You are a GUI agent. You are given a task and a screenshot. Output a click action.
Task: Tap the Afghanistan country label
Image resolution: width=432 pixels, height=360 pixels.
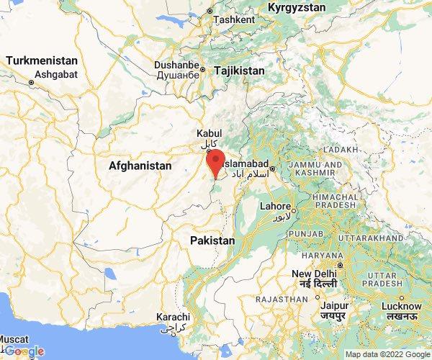point(140,166)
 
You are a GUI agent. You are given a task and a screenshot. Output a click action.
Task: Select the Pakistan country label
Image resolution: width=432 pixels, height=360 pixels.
point(212,240)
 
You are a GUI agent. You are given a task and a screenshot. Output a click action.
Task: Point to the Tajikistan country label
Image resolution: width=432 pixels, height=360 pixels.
point(236,71)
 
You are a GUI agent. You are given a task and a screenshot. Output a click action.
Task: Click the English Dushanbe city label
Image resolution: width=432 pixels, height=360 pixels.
point(176,65)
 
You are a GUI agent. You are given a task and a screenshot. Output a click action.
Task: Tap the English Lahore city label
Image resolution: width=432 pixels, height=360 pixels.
point(275,206)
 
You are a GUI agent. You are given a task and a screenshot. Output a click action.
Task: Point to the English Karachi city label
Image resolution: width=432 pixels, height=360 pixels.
point(173,318)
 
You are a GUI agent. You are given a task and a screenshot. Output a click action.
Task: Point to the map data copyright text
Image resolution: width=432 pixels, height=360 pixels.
point(387,354)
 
